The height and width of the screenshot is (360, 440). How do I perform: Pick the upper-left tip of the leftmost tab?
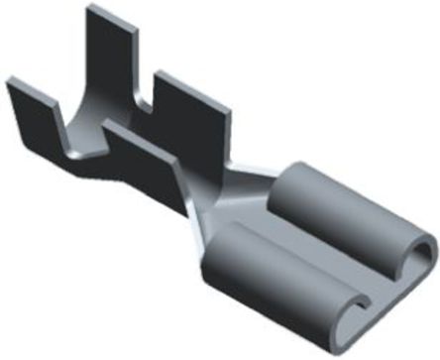pyautogui.click(x=13, y=82)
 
